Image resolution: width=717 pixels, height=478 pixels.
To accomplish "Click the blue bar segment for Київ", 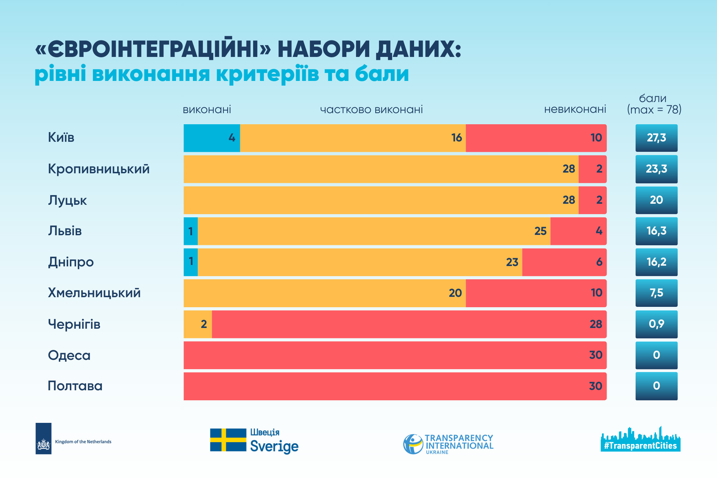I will point(212,138).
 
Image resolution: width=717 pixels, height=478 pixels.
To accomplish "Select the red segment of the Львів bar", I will point(578,231).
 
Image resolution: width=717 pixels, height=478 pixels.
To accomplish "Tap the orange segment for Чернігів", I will point(198,324).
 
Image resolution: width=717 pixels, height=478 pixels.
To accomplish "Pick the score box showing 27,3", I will point(656,138).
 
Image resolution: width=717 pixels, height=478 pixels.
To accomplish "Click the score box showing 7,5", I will point(656,293).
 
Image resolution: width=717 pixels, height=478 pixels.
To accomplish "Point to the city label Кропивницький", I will point(99,169).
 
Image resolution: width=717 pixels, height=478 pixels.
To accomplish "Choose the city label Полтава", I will point(75,386).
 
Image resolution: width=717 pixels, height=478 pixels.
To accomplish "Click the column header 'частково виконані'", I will point(371,110).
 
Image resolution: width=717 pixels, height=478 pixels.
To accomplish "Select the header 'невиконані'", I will point(575,110).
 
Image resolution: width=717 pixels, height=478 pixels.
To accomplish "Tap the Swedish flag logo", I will point(228,440).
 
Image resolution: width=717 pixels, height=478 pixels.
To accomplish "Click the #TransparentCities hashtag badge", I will point(640,446).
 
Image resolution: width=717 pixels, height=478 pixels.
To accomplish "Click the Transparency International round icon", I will point(413,444).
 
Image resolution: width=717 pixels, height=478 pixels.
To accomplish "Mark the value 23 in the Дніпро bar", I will point(512,262).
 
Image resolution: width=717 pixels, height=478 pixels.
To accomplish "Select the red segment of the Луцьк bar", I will point(592,200).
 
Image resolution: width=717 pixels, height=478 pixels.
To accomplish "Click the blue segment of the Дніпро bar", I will point(191,262).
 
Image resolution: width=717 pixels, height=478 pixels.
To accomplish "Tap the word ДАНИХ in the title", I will point(418,49).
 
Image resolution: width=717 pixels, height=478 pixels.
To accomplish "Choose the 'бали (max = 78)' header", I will point(654,104).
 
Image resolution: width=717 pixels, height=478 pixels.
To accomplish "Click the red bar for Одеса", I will point(395,355).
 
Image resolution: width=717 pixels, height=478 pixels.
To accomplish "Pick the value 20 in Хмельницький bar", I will point(455,293).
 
